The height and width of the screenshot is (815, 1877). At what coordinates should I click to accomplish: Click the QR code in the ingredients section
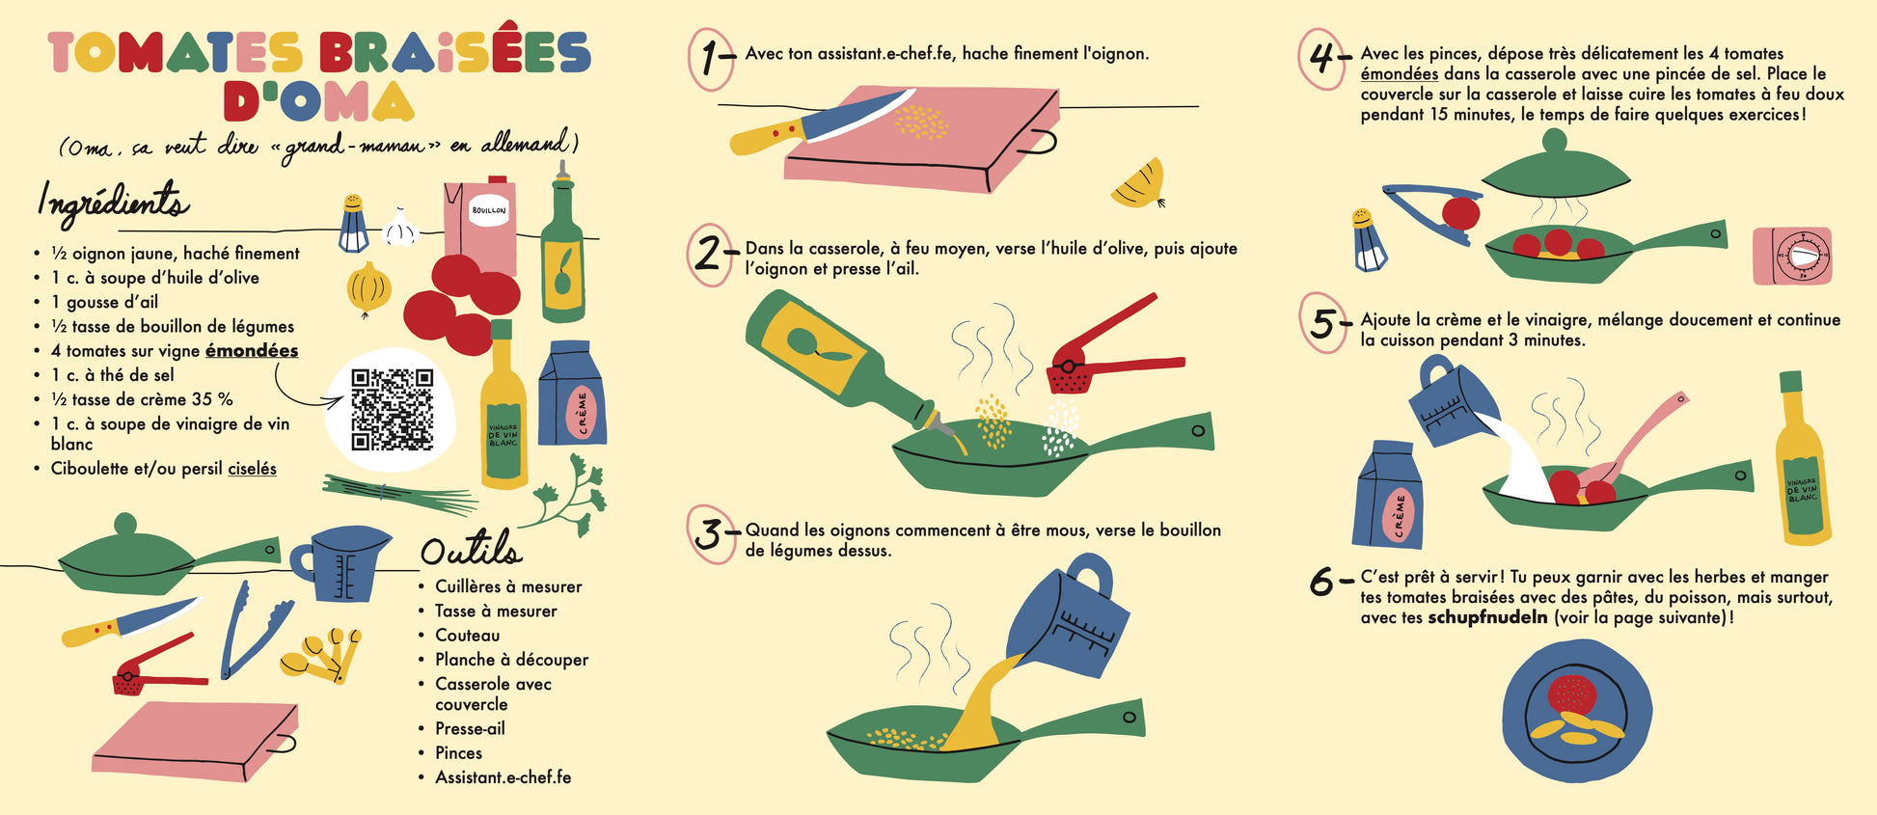[392, 409]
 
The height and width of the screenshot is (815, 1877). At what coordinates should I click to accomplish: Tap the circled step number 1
[712, 59]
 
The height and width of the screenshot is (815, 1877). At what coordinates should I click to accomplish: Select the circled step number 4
[1322, 59]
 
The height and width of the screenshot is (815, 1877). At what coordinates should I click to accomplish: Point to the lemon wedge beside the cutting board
[1140, 184]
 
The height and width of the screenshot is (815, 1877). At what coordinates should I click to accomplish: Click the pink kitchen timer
[1792, 257]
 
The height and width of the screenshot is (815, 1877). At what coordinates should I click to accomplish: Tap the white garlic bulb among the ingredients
[399, 227]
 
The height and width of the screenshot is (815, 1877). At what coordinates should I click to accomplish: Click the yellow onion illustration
[368, 288]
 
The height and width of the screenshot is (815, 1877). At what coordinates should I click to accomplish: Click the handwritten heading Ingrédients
[113, 203]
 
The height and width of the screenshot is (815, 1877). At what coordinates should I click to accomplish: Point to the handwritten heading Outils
[471, 548]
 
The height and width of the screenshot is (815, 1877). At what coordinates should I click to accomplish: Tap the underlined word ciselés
[252, 469]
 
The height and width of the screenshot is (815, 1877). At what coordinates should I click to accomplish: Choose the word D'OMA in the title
[318, 102]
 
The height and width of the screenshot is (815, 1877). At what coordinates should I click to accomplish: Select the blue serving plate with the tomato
[1576, 712]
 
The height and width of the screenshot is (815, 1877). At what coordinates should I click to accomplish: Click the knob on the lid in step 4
[1554, 141]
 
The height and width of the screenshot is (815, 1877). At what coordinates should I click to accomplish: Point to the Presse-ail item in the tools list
[470, 729]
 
